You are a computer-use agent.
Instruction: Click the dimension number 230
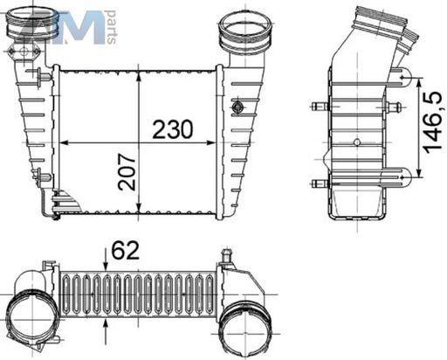(173, 129)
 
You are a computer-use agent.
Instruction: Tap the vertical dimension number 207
(127, 172)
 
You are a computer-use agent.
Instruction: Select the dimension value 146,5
(436, 122)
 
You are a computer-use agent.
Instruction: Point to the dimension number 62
(126, 250)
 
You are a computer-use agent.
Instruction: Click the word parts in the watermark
(112, 27)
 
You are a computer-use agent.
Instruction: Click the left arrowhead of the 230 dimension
(64, 142)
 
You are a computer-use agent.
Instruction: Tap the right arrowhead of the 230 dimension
(211, 142)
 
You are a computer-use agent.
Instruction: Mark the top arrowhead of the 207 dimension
(140, 75)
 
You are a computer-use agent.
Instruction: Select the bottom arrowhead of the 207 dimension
(140, 209)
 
